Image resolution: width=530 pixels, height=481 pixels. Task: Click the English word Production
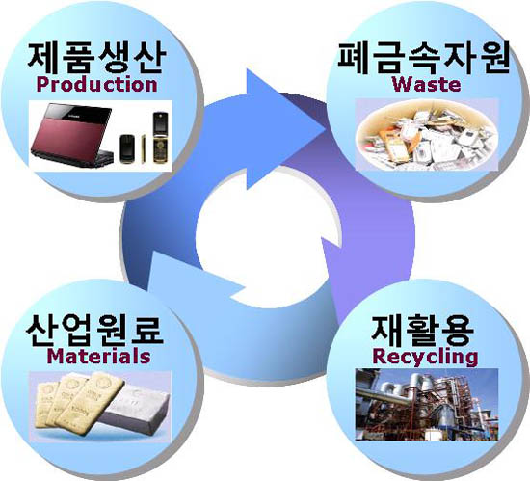point(96,85)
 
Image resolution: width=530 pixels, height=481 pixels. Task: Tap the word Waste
point(426,84)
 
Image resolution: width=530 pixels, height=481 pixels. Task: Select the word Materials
point(98,357)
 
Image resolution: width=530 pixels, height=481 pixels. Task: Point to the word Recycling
point(425,357)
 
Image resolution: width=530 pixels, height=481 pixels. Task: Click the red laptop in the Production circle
point(72,135)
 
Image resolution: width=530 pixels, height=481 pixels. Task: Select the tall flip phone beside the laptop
point(160,138)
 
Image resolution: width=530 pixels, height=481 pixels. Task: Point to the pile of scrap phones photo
point(427,135)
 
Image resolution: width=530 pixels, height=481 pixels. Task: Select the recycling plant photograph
point(427,405)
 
